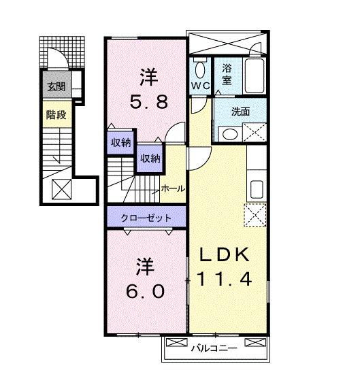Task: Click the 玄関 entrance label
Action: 56,86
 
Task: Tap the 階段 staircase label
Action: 56,114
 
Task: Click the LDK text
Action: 226,254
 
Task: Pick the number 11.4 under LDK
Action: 226,278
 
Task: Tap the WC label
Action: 200,86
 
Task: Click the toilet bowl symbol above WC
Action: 199,69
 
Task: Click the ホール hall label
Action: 172,188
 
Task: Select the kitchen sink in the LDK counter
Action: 257,188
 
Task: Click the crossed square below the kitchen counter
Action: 257,216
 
